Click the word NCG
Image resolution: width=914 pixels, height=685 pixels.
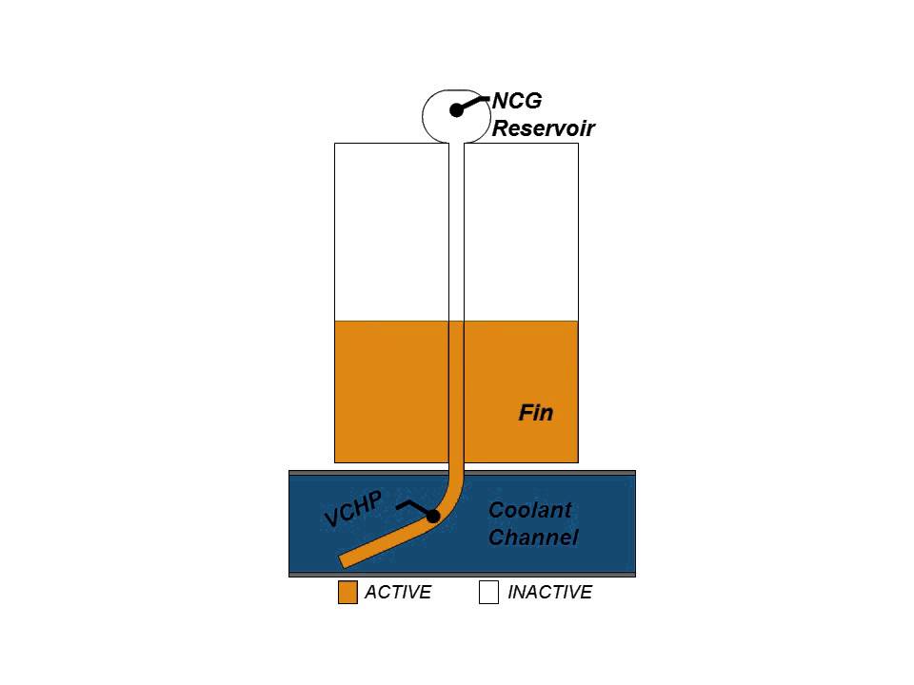517,102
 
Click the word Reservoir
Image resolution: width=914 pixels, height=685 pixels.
543,128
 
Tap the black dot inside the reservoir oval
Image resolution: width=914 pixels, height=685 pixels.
456,110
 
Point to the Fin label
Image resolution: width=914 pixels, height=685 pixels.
535,413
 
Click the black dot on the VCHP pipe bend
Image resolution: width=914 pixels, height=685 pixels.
432,517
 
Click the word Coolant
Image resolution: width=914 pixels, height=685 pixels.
530,510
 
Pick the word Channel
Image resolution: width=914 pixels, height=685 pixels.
532,538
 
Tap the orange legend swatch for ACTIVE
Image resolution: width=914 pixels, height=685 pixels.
348,593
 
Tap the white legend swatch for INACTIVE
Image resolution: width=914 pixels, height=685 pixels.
488,593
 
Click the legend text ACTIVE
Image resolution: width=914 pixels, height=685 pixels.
398,593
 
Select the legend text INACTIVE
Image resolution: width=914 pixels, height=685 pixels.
549,593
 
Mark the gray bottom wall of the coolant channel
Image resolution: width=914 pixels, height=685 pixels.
462,575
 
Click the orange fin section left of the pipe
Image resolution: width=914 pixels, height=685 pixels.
390,390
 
